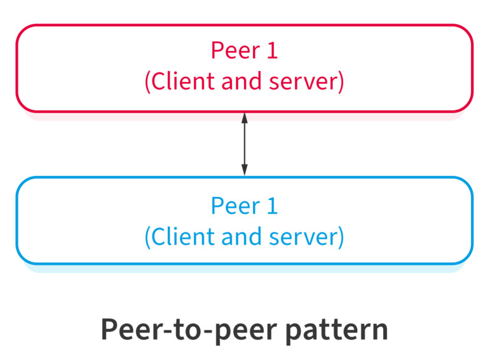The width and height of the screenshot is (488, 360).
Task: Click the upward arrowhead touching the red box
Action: (x=244, y=117)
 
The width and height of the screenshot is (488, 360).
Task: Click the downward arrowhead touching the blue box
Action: (x=244, y=171)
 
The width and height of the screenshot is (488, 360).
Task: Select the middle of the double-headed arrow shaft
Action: (x=244, y=144)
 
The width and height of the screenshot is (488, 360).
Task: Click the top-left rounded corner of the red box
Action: (x=21, y=30)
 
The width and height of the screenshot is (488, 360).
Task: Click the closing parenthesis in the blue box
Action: (x=341, y=237)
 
